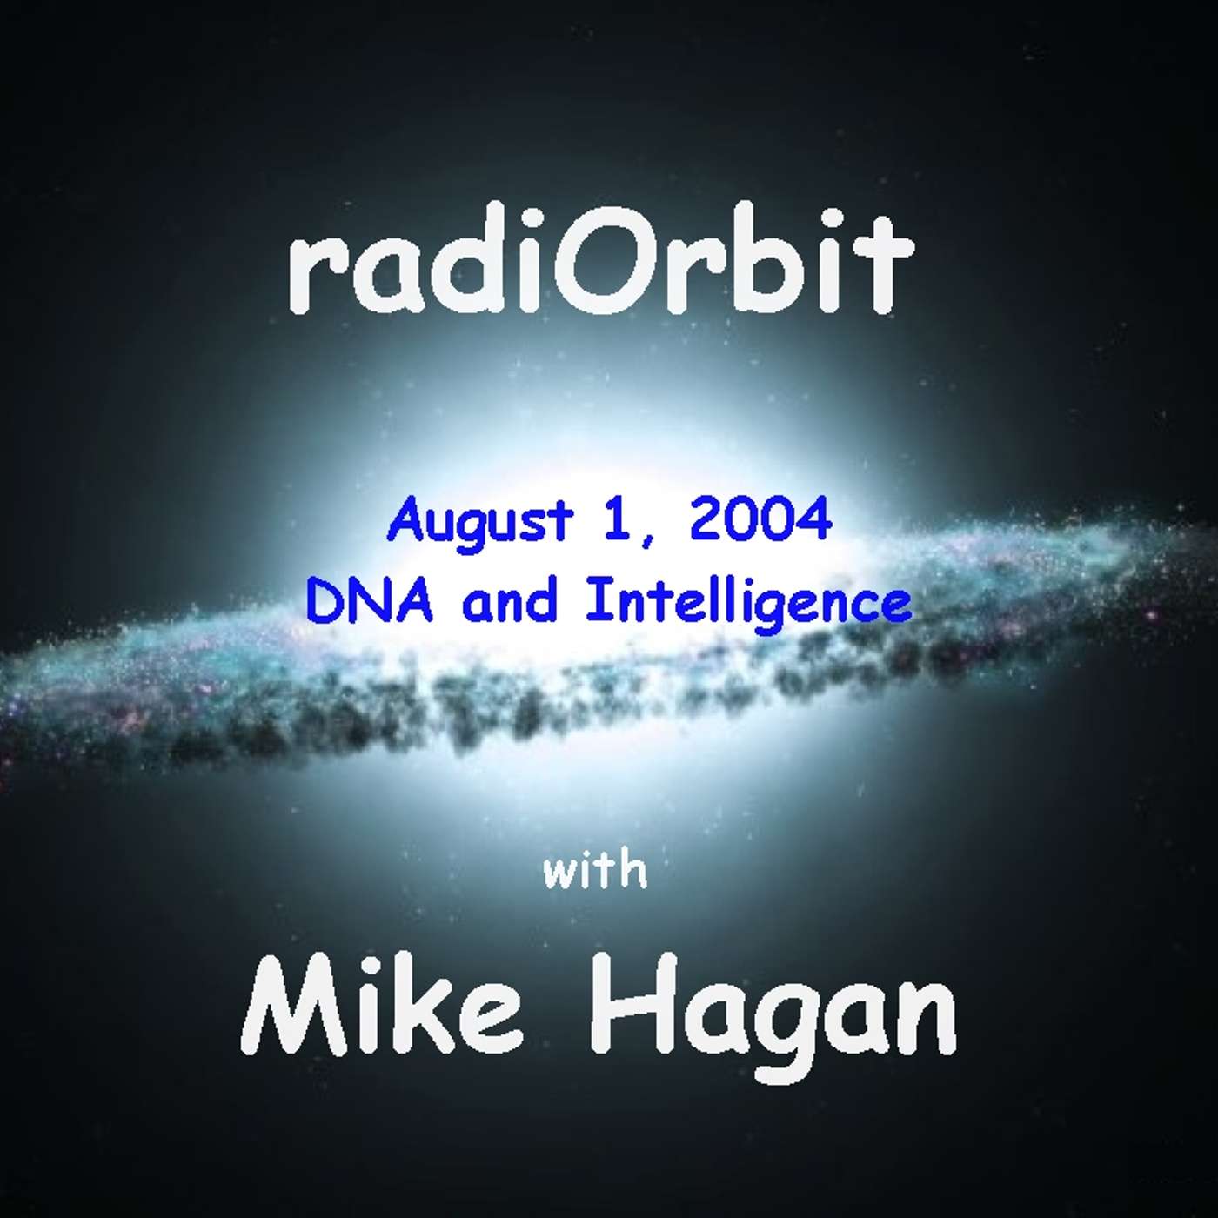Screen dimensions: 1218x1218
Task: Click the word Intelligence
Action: (748, 606)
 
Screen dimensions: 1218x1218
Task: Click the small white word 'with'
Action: (595, 871)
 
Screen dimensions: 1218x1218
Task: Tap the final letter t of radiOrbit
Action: (888, 269)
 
